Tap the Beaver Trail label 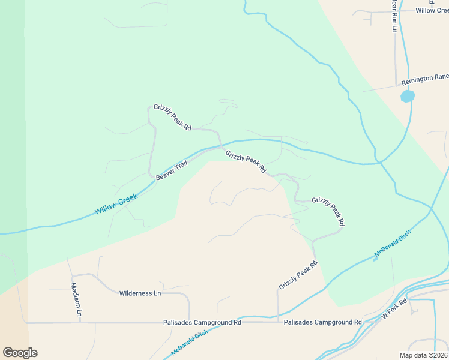coord(172,170)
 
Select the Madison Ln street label coord(76,299)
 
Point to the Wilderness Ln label coord(140,293)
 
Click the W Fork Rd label coord(394,308)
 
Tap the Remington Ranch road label coord(425,77)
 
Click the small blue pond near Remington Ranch coord(408,96)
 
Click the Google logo coord(20,353)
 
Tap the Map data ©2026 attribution coord(423,355)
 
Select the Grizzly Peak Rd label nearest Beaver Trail coord(246,161)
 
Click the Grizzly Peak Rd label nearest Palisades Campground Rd coord(298,276)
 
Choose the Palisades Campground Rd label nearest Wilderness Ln coord(202,322)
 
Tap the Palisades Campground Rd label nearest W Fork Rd coord(322,322)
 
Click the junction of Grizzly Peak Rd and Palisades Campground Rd coord(277,322)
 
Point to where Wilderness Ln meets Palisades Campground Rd coord(189,322)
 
